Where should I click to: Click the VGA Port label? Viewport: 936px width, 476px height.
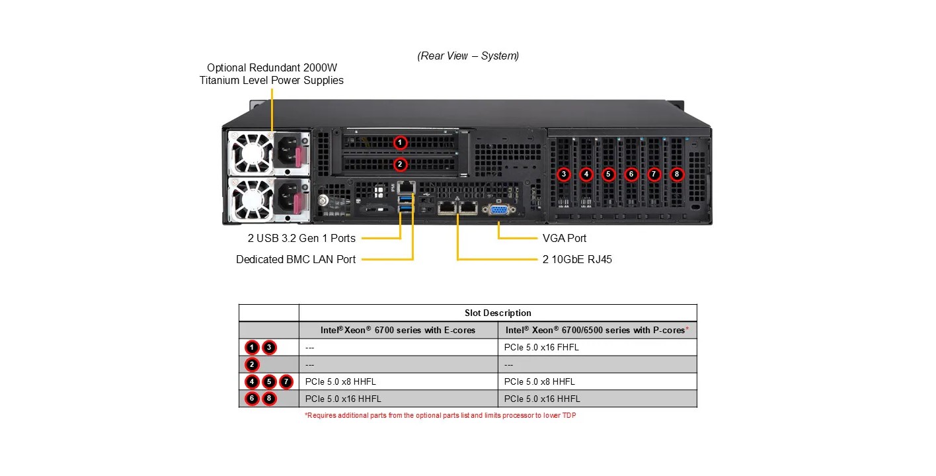pos(564,238)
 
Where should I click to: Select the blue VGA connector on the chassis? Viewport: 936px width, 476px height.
pos(499,210)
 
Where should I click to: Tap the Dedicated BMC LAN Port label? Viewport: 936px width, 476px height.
pos(295,259)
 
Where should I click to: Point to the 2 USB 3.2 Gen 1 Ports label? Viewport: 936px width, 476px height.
pos(297,238)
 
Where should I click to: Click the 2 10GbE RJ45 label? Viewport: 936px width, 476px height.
pos(577,259)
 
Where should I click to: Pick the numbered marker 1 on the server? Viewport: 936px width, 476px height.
pos(399,142)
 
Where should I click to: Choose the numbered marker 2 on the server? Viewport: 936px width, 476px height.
pos(399,164)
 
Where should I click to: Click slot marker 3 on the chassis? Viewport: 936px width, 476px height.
pos(563,175)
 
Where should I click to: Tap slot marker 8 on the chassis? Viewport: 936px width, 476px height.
pos(676,175)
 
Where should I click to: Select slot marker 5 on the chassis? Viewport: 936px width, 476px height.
pos(608,175)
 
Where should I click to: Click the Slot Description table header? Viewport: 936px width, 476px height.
pos(498,313)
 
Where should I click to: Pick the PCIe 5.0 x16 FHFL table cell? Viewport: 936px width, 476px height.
pos(541,347)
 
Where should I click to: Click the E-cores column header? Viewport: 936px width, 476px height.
pos(398,330)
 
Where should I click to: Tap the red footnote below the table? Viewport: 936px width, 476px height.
pos(440,415)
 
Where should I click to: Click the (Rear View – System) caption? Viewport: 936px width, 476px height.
pos(468,56)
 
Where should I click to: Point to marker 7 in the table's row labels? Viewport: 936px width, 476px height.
pos(286,381)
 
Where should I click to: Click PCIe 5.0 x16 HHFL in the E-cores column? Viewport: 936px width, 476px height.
pos(343,399)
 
